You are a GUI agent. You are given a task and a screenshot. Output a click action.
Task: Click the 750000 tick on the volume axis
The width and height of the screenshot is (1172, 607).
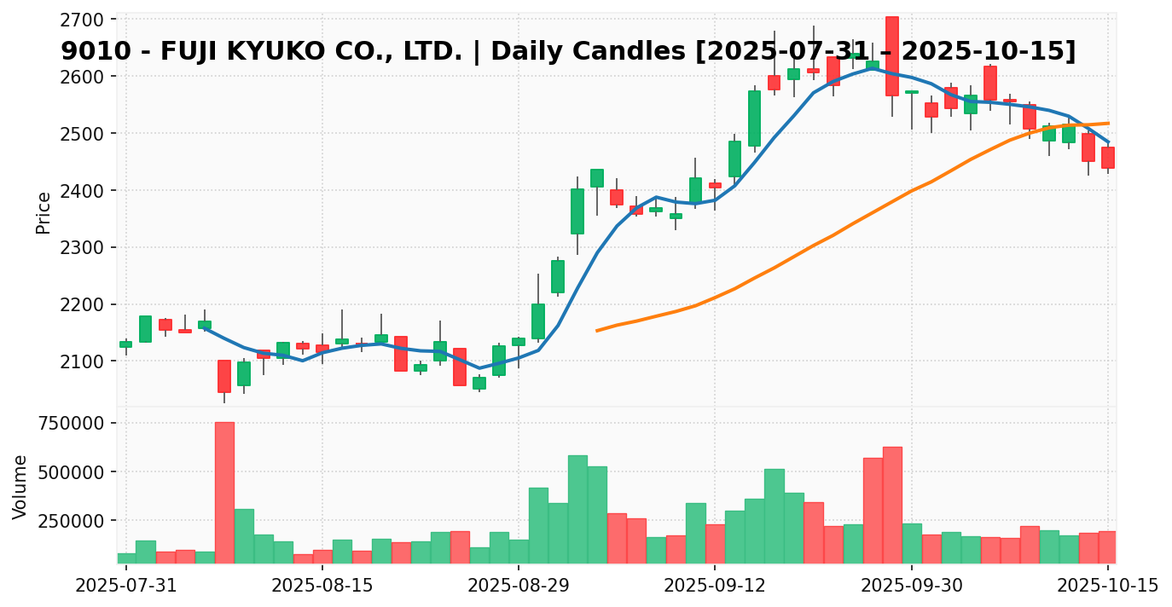coord(67,424)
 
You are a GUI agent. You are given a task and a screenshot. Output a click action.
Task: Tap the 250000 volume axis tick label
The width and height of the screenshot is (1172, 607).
coord(67,521)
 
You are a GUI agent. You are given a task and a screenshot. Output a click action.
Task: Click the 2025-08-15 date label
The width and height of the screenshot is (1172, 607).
coord(322,587)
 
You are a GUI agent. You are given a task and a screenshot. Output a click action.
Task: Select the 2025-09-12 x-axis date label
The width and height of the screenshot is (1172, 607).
coord(715,587)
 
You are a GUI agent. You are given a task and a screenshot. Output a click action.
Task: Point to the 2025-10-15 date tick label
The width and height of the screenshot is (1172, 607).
coord(1108,587)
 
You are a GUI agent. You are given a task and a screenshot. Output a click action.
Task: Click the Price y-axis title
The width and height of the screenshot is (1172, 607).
coord(44,212)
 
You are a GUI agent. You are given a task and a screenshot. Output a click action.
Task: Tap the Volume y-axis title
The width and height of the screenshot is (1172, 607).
coord(20,486)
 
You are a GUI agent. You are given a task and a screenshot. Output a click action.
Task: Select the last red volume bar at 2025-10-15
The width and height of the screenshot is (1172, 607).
coord(1107,547)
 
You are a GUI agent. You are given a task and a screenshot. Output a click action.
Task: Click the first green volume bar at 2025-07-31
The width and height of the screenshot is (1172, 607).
coord(126,558)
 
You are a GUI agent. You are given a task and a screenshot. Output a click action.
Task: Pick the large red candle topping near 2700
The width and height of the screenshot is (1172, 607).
coord(891,56)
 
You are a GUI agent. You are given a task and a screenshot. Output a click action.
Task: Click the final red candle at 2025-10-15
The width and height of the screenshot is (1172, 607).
coord(1107,158)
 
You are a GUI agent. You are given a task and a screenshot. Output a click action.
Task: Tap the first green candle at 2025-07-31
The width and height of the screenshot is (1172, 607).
coord(126,344)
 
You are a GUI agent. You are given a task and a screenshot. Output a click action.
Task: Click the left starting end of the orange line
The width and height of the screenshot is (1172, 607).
coord(597,330)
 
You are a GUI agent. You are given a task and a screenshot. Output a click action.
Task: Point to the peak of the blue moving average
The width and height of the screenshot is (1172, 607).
coord(871,68)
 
